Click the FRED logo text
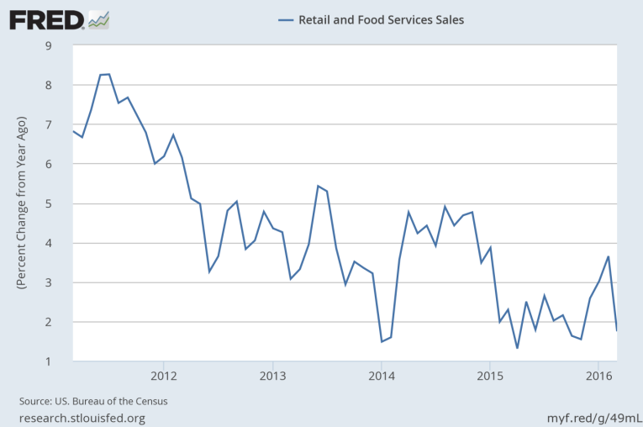tap(46, 18)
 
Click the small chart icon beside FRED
tap(99, 18)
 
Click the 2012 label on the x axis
tap(163, 374)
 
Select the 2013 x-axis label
tap(272, 374)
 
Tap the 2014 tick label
tap(381, 374)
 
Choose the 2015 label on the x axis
tap(489, 374)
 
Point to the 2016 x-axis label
tap(598, 374)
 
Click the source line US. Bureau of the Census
tap(94, 401)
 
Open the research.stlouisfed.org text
tap(81, 418)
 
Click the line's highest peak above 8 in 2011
tap(108, 74)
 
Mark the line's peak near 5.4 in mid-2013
tap(318, 186)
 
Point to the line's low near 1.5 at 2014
tap(382, 341)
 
